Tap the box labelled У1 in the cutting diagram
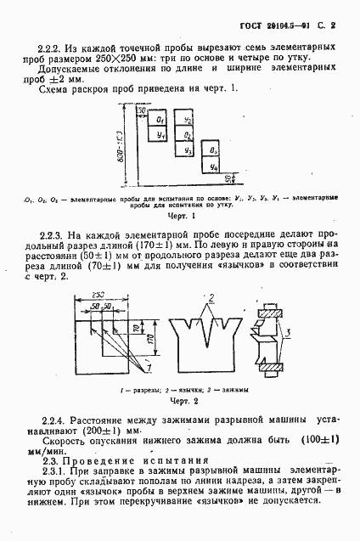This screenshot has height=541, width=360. click(x=160, y=134)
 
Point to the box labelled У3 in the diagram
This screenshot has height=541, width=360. click(x=187, y=149)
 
